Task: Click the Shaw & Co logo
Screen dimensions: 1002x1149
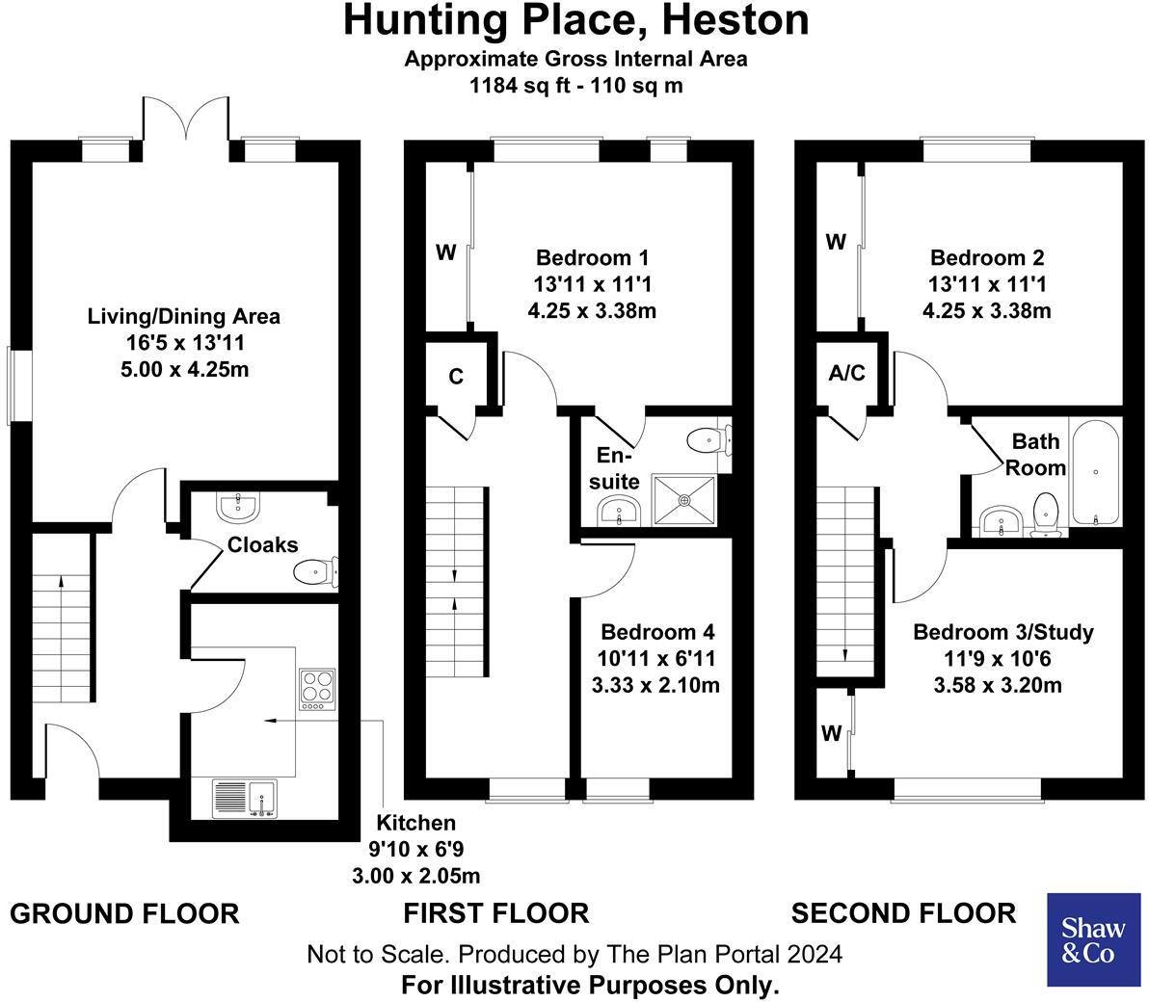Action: coord(1093,939)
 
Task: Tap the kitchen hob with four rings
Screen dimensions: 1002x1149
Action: coord(316,689)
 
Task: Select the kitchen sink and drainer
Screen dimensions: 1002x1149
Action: coord(244,798)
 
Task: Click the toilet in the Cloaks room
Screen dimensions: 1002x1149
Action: coord(313,573)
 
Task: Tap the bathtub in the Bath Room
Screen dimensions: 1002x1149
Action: coord(1096,472)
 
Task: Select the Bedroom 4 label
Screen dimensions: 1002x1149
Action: coord(657,633)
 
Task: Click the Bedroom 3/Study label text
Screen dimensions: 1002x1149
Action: coord(1002,633)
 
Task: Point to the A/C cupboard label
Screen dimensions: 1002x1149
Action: coord(847,373)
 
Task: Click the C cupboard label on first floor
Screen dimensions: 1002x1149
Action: coord(456,376)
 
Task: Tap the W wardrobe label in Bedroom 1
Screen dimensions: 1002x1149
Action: coord(445,253)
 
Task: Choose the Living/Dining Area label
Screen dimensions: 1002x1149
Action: coord(183,316)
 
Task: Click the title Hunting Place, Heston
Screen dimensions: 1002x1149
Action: coord(575,21)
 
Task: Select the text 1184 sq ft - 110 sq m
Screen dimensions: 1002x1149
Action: coord(575,85)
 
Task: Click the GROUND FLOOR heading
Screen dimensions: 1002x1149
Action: coord(124,913)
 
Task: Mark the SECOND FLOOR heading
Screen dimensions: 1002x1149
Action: coord(903,913)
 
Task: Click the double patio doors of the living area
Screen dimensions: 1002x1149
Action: coord(186,123)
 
